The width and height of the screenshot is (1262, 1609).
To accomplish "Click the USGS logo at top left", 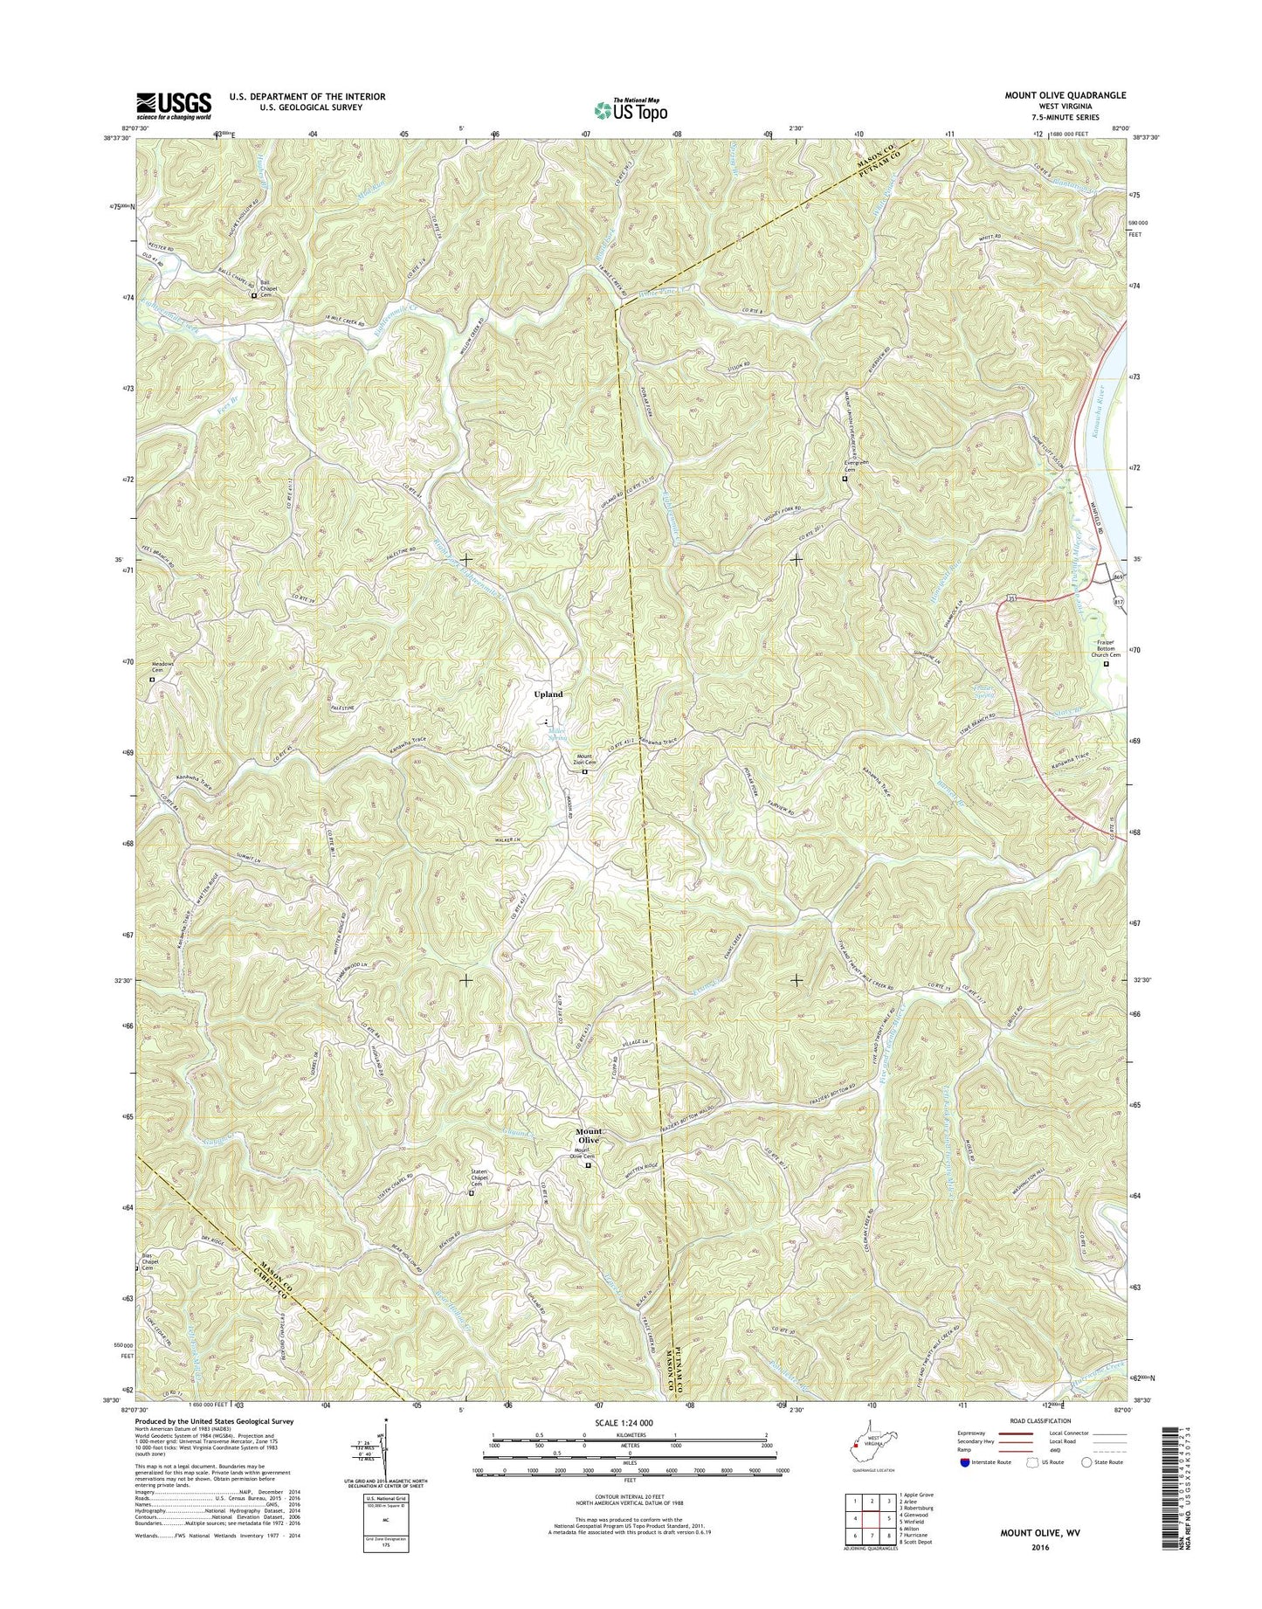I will [173, 105].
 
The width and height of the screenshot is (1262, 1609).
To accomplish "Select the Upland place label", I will [548, 694].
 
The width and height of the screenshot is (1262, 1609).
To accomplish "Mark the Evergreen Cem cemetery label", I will [843, 466].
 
